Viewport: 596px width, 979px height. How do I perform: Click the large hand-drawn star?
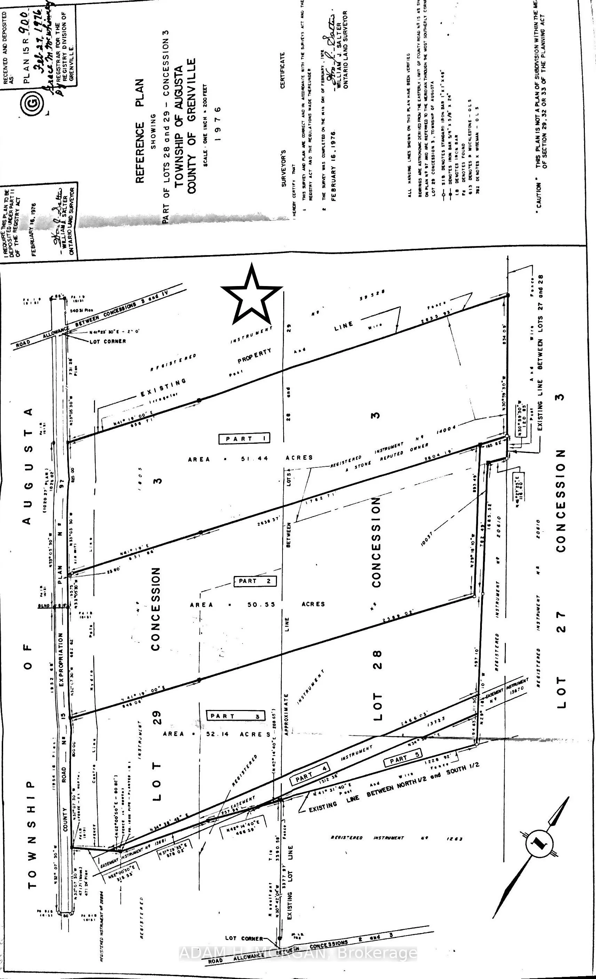[252, 295]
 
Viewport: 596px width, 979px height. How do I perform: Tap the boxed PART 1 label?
[244, 438]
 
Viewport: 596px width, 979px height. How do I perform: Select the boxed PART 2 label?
[254, 581]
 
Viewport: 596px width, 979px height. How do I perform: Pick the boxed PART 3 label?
[236, 716]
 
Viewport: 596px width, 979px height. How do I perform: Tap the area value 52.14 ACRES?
[216, 733]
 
